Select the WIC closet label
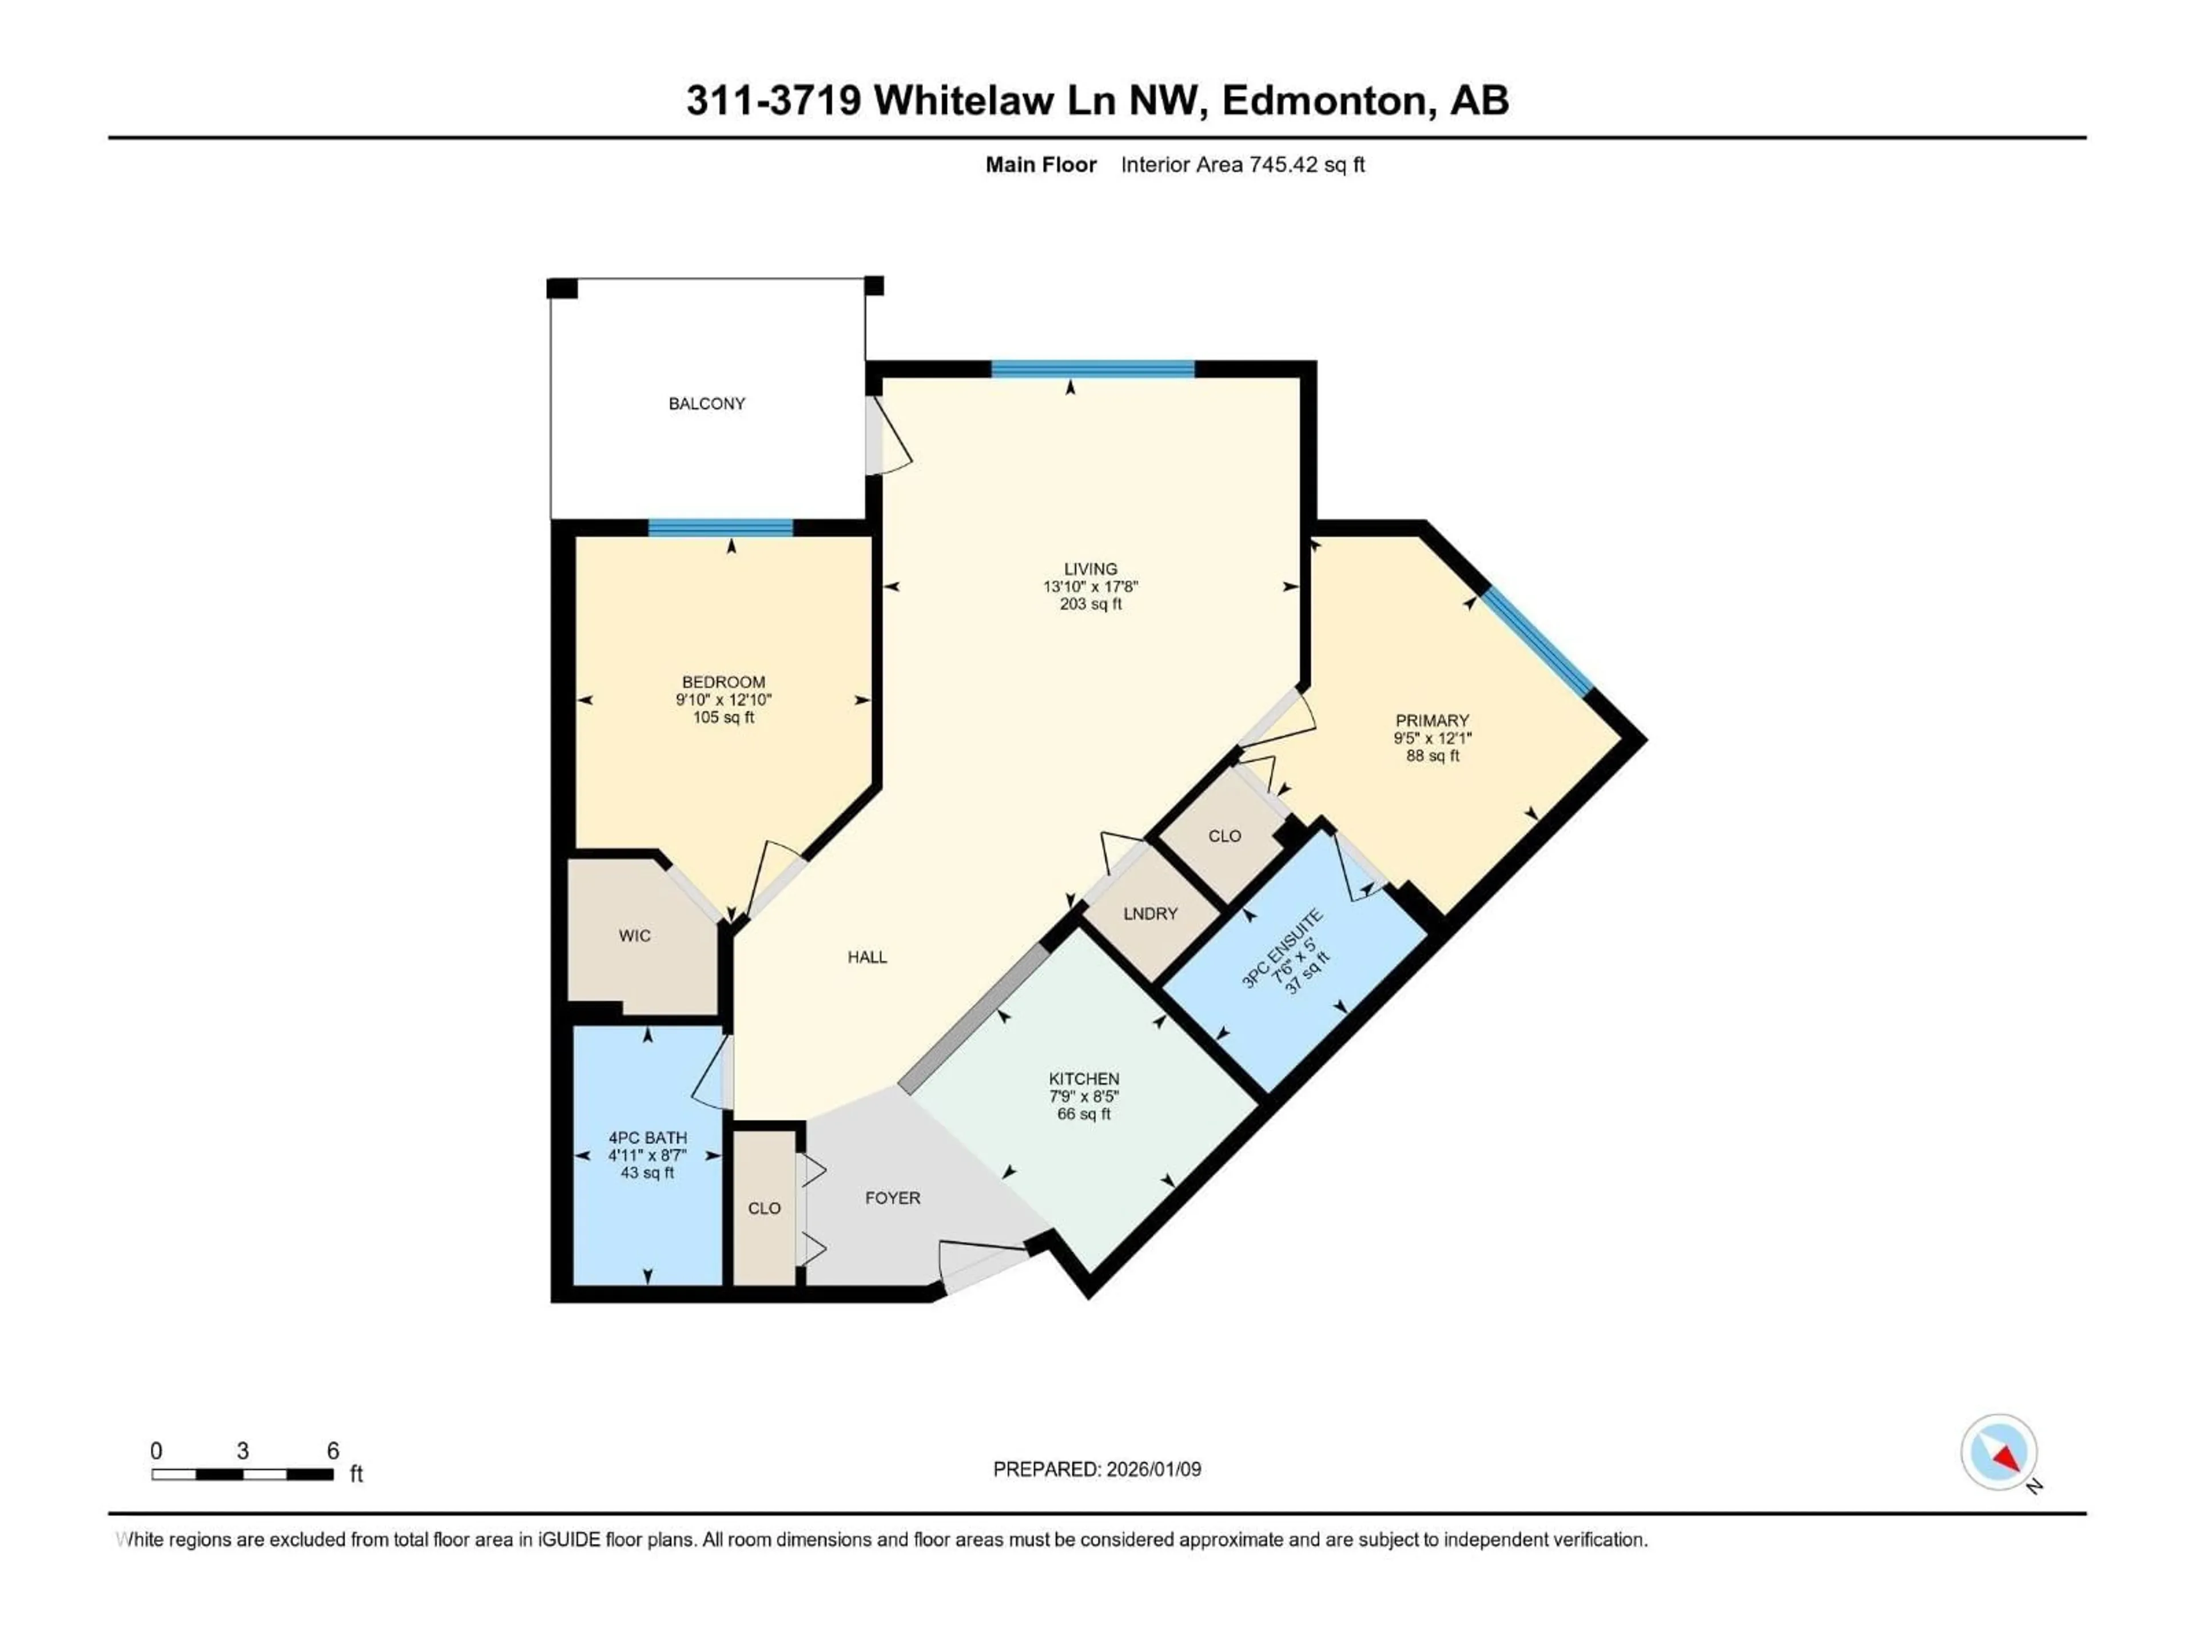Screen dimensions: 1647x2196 pos(634,935)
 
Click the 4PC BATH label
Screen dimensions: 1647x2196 pos(647,1137)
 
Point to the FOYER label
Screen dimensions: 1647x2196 pos(893,1198)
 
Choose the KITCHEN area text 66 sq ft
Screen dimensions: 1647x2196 pos(1084,1114)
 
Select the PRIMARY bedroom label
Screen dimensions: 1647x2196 pos(1431,721)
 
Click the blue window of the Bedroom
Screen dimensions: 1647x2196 pos(721,527)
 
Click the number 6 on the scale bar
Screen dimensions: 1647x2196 pos(333,1450)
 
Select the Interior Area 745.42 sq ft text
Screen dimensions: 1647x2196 pos(1242,165)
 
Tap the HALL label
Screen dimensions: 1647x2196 pos(867,957)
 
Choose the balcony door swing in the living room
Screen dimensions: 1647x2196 pos(890,437)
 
